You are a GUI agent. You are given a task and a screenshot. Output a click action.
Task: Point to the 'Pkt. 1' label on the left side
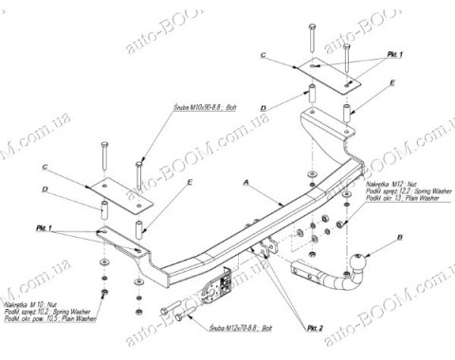point(71,229)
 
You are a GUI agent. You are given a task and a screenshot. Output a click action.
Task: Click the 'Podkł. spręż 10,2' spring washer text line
point(40,312)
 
